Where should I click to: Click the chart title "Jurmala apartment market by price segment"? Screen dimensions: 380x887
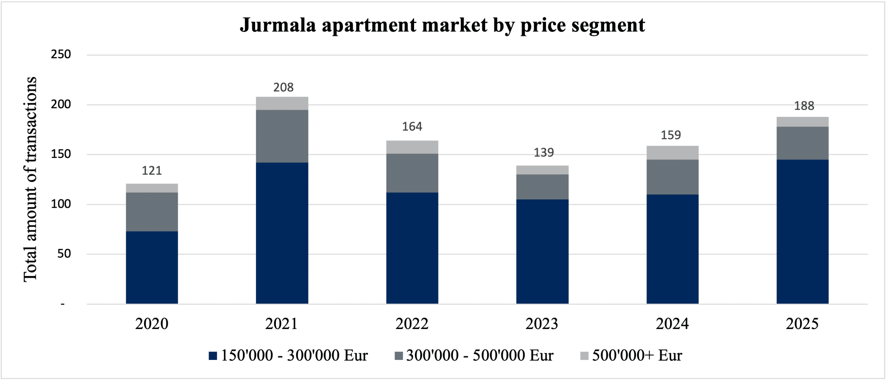click(x=442, y=25)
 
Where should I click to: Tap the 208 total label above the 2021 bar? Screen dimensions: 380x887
click(x=283, y=87)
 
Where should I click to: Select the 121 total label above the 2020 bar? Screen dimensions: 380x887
click(x=152, y=170)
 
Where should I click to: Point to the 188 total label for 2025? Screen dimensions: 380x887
click(x=804, y=106)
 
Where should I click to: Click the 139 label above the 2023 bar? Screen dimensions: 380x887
click(x=543, y=152)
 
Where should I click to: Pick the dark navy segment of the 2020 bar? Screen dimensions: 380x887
click(x=152, y=267)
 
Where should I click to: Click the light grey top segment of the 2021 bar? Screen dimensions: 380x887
click(x=282, y=103)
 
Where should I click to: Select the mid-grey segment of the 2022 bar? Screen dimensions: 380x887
click(x=412, y=173)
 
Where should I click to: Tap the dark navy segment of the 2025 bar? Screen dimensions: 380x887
click(x=802, y=231)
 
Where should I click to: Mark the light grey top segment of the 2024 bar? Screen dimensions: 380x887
click(x=672, y=152)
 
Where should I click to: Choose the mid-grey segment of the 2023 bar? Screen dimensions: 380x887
click(x=542, y=187)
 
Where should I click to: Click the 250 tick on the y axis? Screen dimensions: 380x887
click(x=61, y=54)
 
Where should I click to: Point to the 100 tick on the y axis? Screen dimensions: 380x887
click(x=61, y=204)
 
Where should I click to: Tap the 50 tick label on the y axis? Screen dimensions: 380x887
click(x=64, y=254)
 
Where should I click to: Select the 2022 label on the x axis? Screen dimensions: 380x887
click(x=412, y=324)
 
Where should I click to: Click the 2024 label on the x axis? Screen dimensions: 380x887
click(x=672, y=324)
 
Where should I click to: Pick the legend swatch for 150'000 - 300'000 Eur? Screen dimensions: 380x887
click(x=213, y=356)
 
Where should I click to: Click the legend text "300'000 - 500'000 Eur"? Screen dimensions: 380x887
click(x=480, y=355)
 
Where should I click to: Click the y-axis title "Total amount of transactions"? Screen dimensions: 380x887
click(x=30, y=179)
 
